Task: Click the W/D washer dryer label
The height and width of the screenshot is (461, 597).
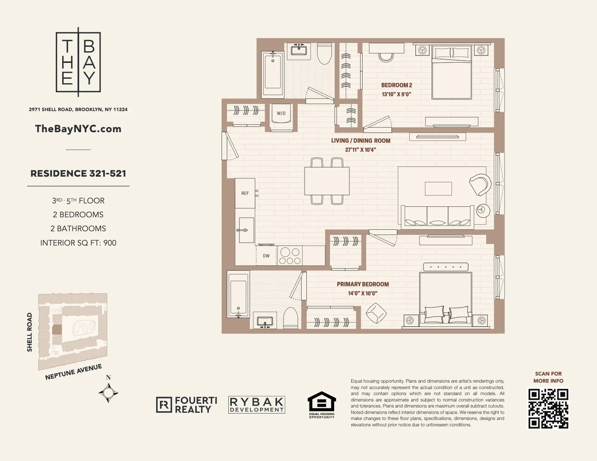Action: pyautogui.click(x=281, y=113)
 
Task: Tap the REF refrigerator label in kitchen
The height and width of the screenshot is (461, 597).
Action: pyautogui.click(x=245, y=193)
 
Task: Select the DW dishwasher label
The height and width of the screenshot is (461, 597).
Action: pyautogui.click(x=266, y=256)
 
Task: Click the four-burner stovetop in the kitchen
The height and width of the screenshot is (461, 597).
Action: pyautogui.click(x=290, y=256)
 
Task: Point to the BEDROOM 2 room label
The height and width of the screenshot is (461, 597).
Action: pyautogui.click(x=396, y=85)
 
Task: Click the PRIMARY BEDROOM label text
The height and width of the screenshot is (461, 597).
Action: pyautogui.click(x=363, y=284)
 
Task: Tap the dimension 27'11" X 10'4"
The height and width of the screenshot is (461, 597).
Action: pyautogui.click(x=361, y=150)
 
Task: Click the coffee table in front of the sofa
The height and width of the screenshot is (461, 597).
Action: pyautogui.click(x=438, y=189)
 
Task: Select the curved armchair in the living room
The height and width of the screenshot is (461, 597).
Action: pyautogui.click(x=480, y=185)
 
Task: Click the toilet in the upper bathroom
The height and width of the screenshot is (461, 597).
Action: pyautogui.click(x=324, y=54)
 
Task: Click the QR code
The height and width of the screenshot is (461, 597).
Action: pyautogui.click(x=548, y=409)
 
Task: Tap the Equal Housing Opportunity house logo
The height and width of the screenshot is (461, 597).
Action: pyautogui.click(x=321, y=403)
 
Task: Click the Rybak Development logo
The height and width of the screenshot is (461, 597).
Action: pyautogui.click(x=257, y=405)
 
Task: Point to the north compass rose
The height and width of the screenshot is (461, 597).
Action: pyautogui.click(x=109, y=393)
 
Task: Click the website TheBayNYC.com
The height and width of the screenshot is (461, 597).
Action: pyautogui.click(x=78, y=129)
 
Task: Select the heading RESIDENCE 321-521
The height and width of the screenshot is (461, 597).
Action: pyautogui.click(x=78, y=173)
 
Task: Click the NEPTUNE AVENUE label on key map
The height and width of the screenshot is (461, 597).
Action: pyautogui.click(x=73, y=372)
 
